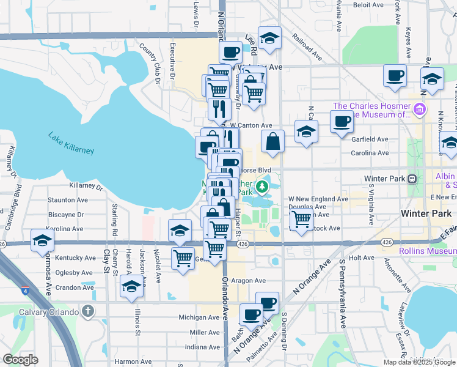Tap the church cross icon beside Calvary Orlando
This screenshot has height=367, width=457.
[x=88, y=312]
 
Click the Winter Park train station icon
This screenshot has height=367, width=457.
[x=412, y=179]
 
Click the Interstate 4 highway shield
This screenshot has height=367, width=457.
[x=25, y=290]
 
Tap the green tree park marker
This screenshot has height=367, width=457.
[x=262, y=186]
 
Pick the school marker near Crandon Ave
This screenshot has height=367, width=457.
[x=131, y=287]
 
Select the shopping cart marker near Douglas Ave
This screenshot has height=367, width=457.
[x=301, y=220]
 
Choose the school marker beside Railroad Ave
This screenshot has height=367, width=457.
[x=269, y=39]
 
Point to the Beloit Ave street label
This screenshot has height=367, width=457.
[x=368, y=4]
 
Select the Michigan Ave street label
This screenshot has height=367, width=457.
[x=199, y=317]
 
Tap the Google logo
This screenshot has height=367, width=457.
[x=20, y=360]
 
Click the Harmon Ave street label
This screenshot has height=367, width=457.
[x=133, y=361]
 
